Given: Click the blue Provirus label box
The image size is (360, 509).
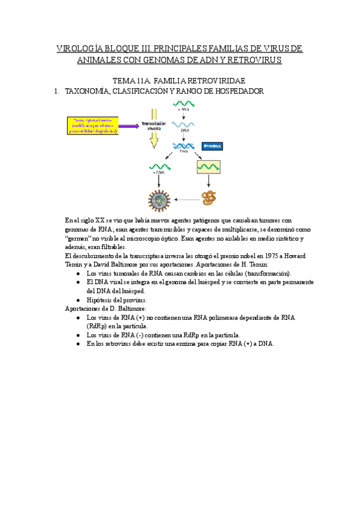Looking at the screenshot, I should click(212, 146).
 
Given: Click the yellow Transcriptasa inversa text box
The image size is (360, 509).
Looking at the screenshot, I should click(95, 125).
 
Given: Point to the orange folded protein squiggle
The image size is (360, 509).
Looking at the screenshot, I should click(209, 197).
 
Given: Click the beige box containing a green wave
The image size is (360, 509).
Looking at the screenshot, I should click(208, 166).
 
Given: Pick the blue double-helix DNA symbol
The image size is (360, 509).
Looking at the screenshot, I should click(183, 146).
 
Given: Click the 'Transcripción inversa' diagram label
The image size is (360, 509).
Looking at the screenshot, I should click(153, 125).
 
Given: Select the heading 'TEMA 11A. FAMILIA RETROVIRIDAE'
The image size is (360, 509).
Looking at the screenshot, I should click(179, 80).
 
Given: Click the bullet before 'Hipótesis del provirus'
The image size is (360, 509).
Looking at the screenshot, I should click(79, 300).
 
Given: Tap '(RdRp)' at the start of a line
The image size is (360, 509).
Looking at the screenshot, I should click(97, 325).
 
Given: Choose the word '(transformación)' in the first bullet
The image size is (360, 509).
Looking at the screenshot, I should click(268, 273).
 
